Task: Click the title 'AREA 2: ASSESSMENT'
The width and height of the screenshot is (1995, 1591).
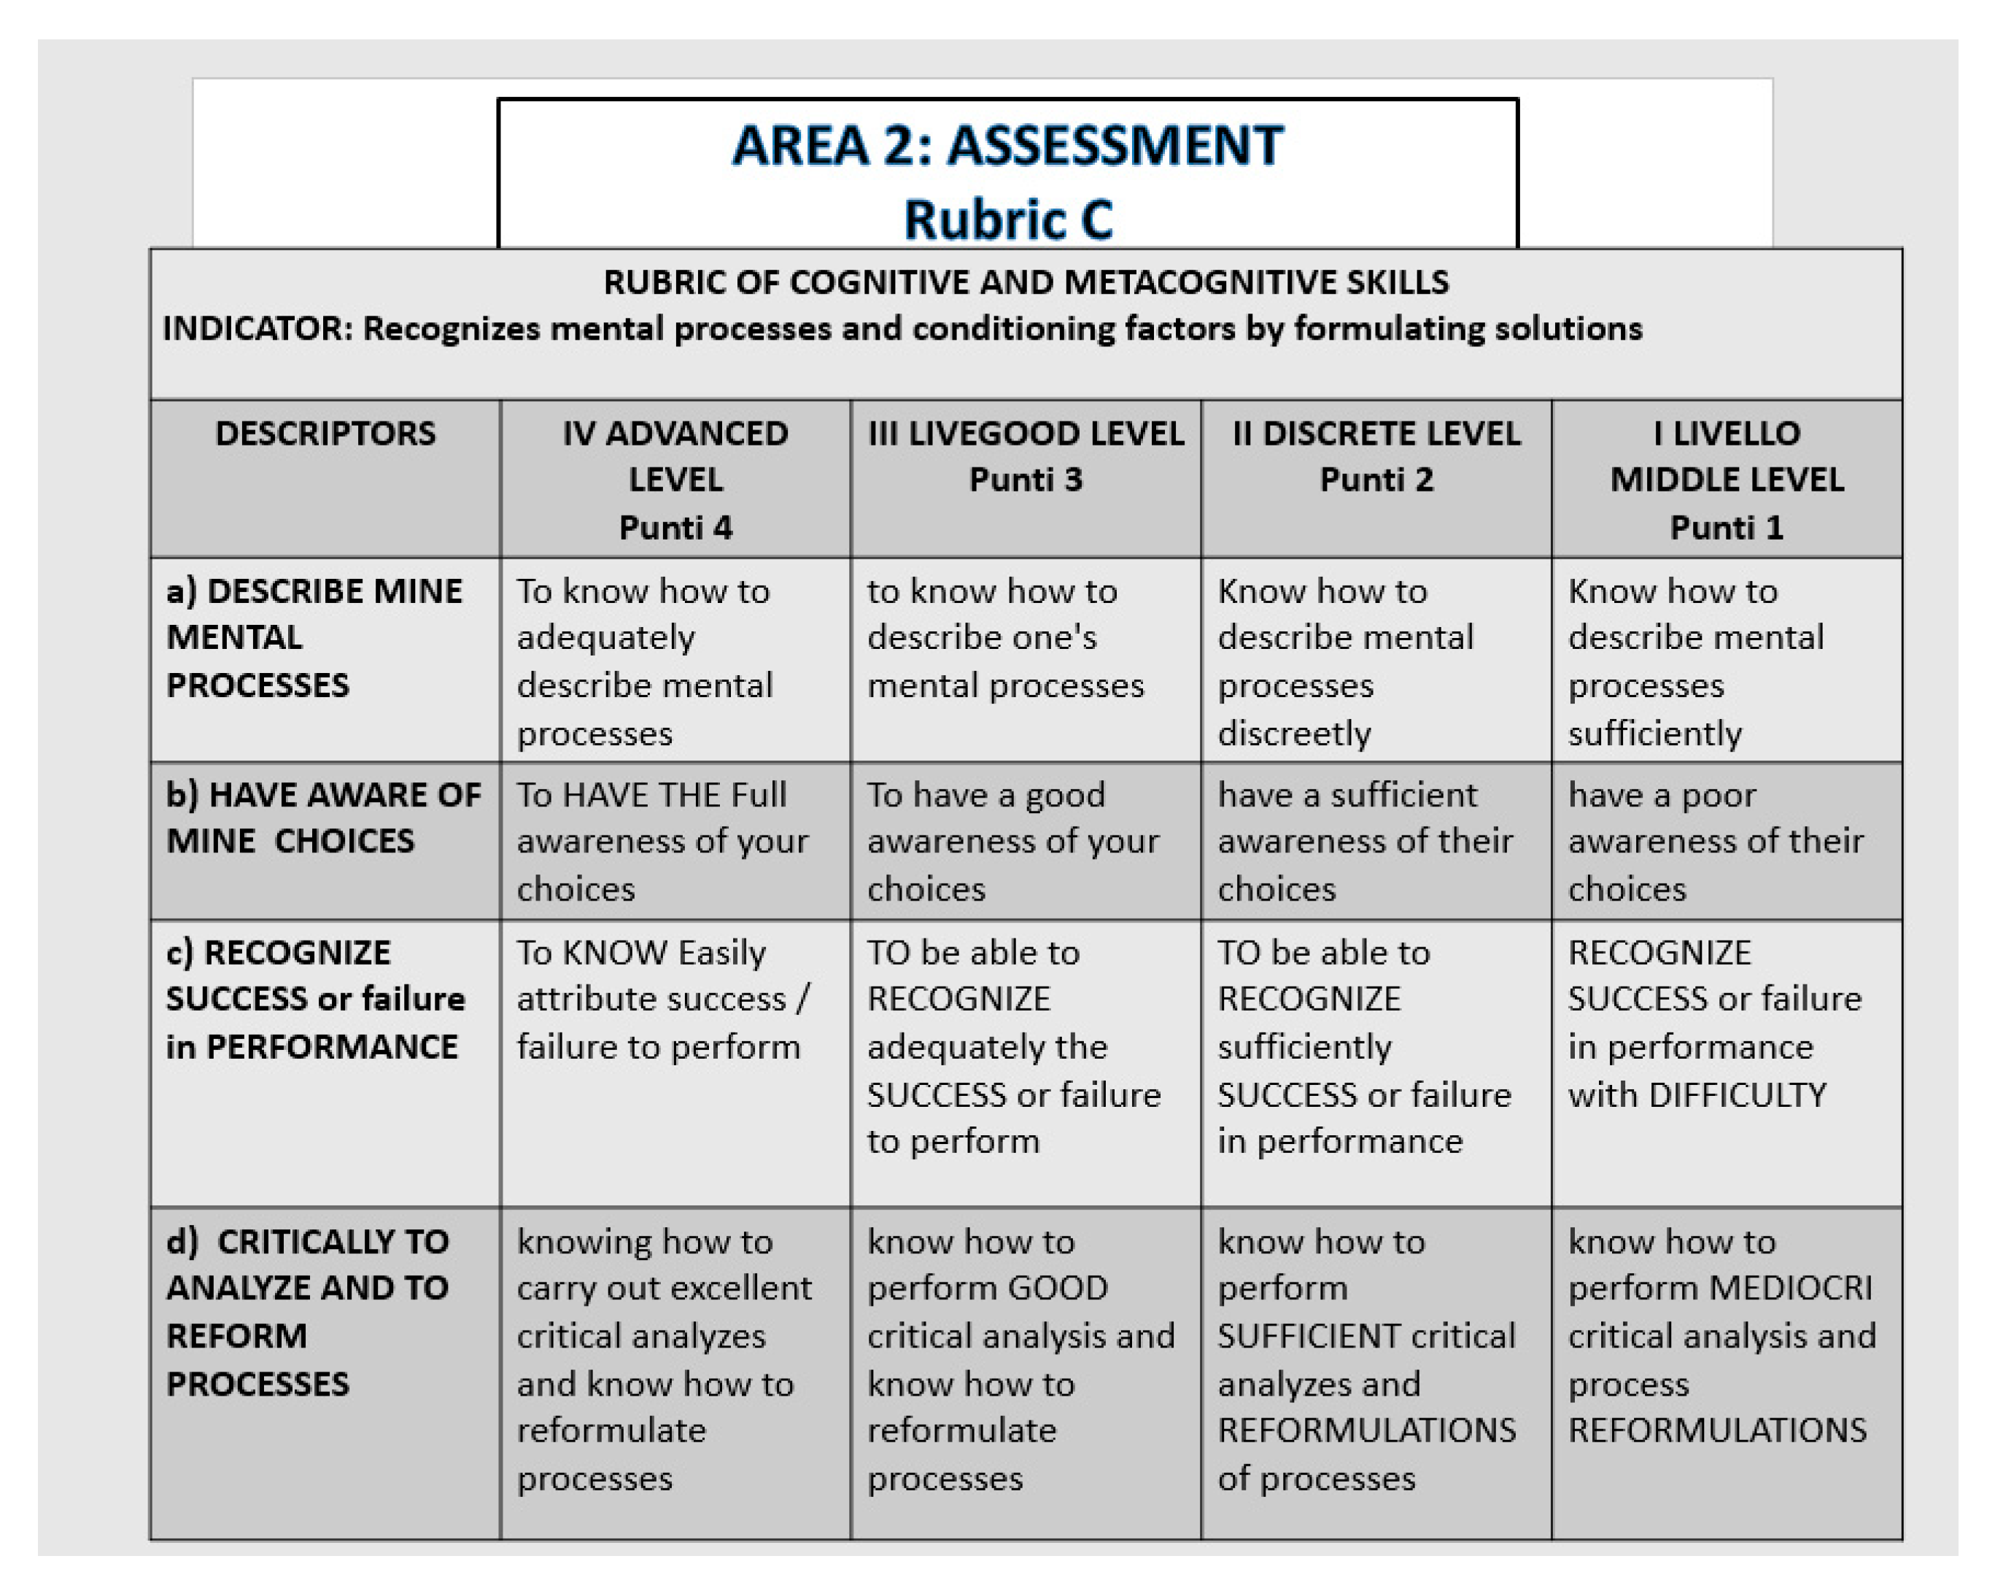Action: (1007, 146)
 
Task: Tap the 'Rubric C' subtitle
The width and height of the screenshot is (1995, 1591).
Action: (1007, 220)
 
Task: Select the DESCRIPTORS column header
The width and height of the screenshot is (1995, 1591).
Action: (325, 434)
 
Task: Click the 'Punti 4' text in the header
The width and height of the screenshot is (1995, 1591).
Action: (675, 528)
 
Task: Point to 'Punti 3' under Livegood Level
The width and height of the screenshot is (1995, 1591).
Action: (1026, 480)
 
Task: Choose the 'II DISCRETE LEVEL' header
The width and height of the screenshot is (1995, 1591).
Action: (1376, 434)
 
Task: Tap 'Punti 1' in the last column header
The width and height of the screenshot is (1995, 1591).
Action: (1726, 528)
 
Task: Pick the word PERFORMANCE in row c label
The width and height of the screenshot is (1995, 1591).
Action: (331, 1047)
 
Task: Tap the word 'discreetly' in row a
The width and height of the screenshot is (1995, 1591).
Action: (1293, 734)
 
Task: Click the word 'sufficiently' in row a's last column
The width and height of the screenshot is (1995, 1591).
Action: (1654, 734)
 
